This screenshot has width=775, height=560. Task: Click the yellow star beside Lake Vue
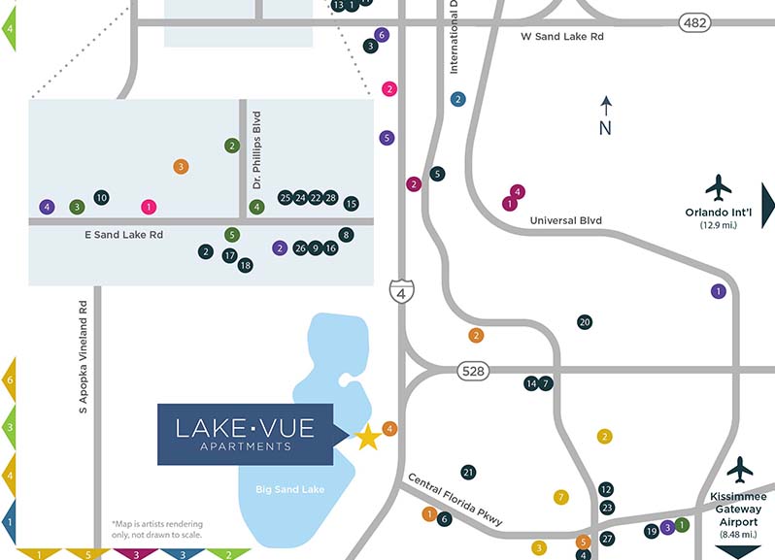(x=367, y=438)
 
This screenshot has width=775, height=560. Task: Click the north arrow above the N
(x=605, y=105)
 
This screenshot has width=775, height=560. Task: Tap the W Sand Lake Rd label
(x=562, y=36)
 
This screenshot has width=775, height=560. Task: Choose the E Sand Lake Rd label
(x=121, y=235)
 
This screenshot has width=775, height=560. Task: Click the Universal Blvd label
(x=565, y=220)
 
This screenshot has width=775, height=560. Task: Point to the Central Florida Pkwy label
(x=455, y=499)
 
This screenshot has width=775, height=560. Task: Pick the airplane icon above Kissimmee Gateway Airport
(x=740, y=470)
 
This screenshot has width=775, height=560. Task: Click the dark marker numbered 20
(x=585, y=322)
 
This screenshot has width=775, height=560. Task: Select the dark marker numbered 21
(x=468, y=473)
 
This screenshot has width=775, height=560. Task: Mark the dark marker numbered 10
(x=101, y=198)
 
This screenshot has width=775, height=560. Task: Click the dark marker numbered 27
(x=608, y=539)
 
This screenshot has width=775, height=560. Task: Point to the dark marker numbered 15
(x=352, y=203)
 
